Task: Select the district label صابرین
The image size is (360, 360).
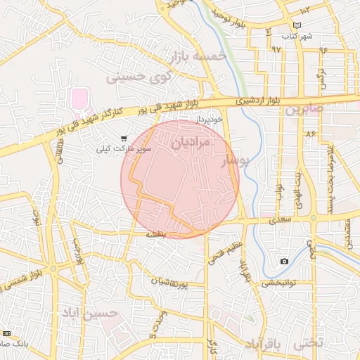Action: point(304,109)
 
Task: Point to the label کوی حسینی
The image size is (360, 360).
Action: point(136,76)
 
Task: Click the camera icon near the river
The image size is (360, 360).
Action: point(284,262)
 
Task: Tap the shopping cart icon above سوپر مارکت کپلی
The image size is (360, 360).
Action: point(125,138)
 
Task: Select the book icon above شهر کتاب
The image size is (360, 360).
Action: point(297,25)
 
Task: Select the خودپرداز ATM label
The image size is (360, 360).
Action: point(210,119)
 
